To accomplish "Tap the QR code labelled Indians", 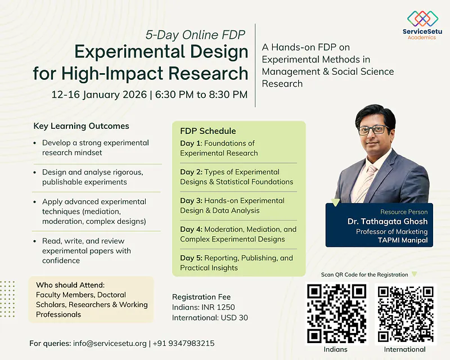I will click(336, 313).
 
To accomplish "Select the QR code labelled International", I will click(405, 313).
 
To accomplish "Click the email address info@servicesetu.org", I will click(110, 343).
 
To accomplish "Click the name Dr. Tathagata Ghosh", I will click(388, 222).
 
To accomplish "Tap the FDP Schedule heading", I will click(208, 131).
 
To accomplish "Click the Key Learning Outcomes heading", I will click(81, 126).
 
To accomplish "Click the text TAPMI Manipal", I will click(402, 241).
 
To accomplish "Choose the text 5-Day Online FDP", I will click(196, 35).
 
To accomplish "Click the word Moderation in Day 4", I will click(225, 229).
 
